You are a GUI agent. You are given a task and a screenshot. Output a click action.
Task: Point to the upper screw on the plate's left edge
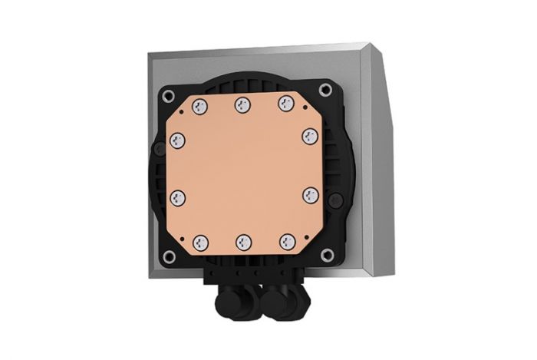177,140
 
